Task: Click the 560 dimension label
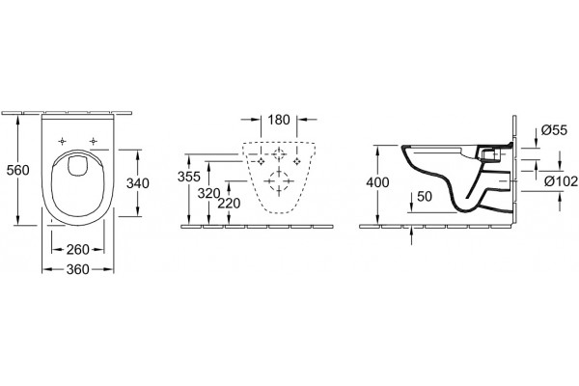coord(18,170)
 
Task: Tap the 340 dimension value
coord(138,183)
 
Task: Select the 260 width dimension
coord(78,250)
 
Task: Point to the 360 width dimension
coord(78,269)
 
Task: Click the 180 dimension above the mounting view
coord(279,120)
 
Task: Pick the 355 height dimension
coord(189,177)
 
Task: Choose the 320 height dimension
coord(208,193)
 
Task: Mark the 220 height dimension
coord(229,204)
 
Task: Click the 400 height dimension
coord(377,182)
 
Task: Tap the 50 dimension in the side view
coord(425,197)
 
